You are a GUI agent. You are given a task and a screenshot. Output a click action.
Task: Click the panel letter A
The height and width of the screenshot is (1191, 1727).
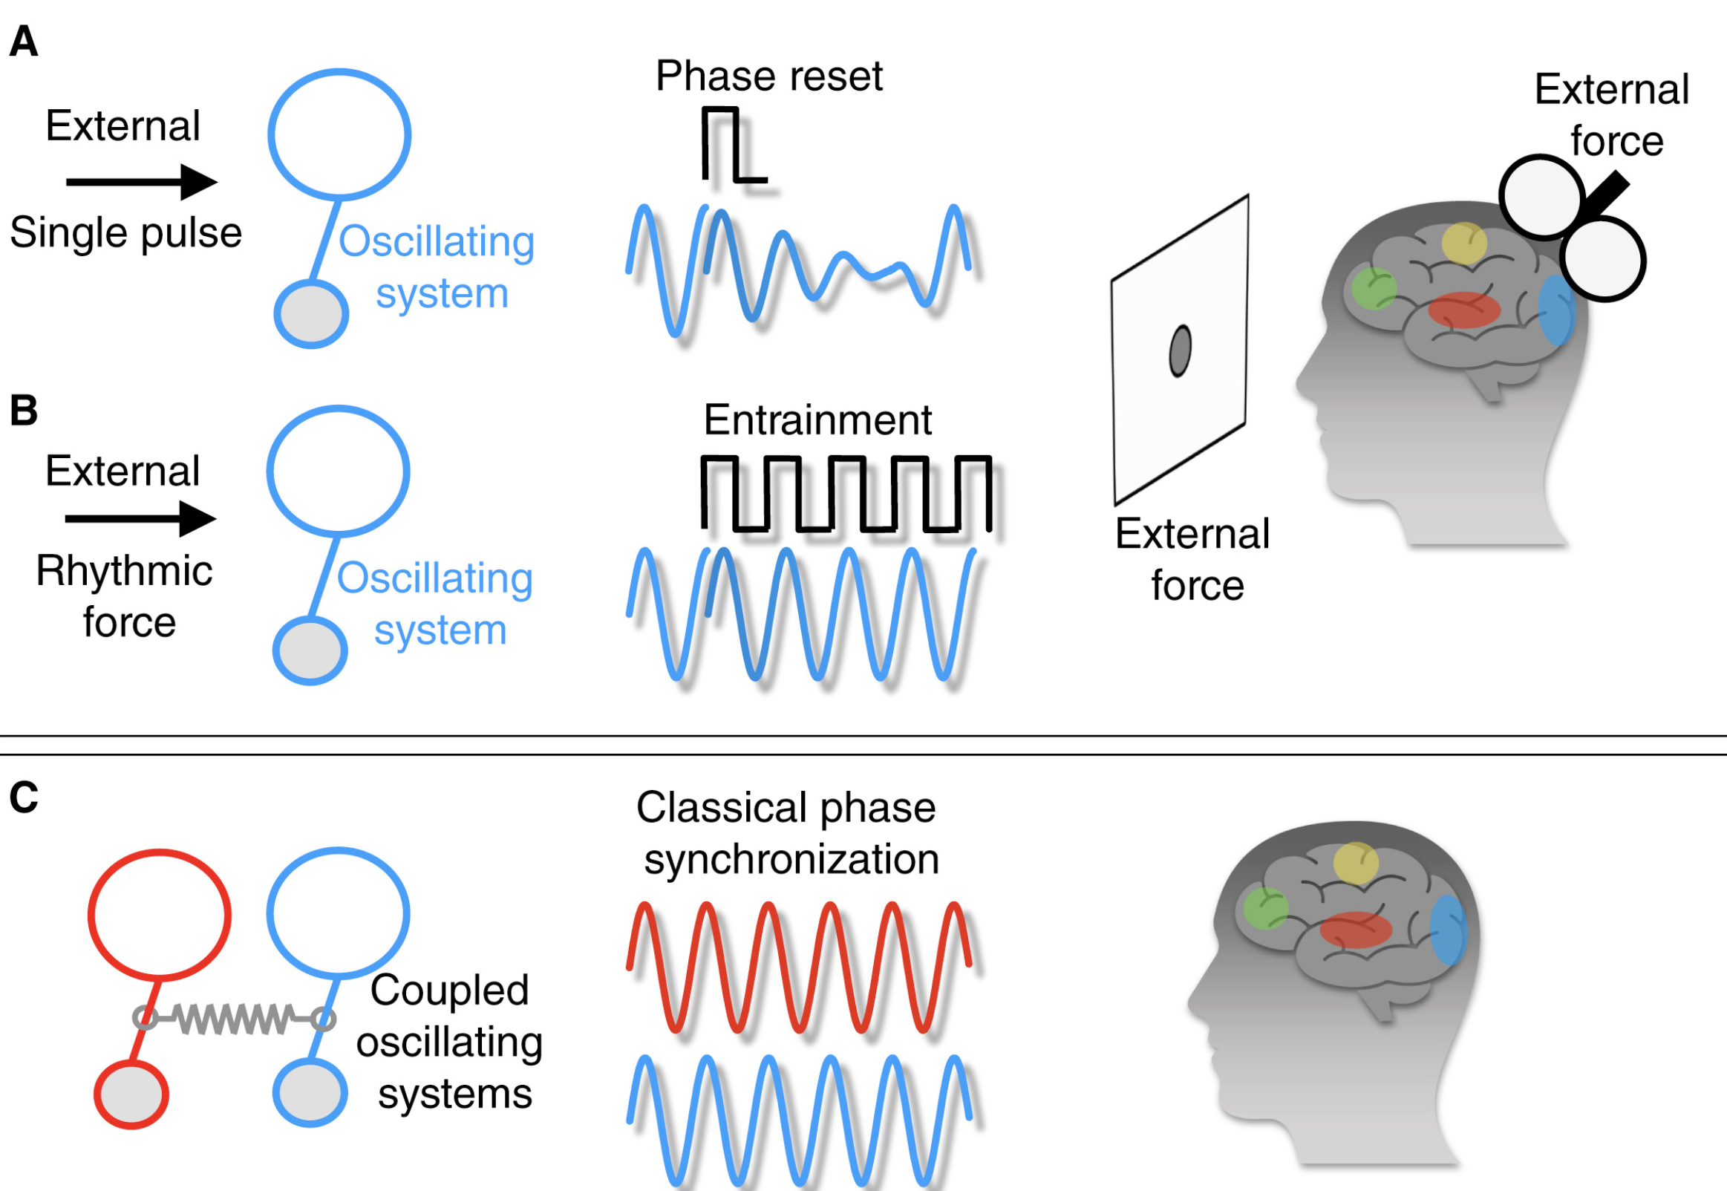[23, 42]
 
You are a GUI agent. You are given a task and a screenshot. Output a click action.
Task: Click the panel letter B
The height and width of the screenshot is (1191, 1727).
[23, 411]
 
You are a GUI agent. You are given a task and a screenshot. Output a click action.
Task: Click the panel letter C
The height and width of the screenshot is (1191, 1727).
[23, 797]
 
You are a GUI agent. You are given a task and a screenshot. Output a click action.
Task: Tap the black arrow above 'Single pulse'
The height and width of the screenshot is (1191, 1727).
[142, 182]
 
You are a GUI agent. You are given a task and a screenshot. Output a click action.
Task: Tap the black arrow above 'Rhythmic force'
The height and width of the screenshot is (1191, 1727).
[141, 518]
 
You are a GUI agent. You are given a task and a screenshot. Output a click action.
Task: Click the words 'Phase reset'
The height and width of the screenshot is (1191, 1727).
[768, 76]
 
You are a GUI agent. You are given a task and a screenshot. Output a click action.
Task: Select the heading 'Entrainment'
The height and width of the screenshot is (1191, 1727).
[817, 420]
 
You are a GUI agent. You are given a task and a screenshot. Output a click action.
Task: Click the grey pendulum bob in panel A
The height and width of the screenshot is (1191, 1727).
[311, 314]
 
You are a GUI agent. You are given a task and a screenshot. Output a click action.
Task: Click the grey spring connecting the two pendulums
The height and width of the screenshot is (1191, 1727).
[233, 1018]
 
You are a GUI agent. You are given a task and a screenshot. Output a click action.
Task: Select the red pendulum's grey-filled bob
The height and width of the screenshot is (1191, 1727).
[131, 1094]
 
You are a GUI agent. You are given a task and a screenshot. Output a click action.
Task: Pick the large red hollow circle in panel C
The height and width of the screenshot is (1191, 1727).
[160, 914]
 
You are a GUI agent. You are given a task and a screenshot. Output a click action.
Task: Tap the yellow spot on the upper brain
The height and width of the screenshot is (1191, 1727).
[1463, 244]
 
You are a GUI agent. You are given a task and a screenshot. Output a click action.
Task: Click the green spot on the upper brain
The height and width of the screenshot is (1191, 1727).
[1374, 288]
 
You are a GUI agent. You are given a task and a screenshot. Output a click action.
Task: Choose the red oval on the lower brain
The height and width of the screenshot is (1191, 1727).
[1356, 930]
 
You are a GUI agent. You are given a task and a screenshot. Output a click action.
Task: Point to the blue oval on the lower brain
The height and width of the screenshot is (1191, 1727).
[1448, 930]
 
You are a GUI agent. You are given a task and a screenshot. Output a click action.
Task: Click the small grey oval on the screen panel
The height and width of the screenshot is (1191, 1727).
[1180, 350]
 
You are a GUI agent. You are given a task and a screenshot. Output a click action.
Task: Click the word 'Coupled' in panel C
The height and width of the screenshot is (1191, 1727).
[449, 991]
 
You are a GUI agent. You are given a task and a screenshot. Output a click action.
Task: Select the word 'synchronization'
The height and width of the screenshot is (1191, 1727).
[791, 859]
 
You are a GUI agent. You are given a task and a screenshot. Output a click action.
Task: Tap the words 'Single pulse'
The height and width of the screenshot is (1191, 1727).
[125, 232]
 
